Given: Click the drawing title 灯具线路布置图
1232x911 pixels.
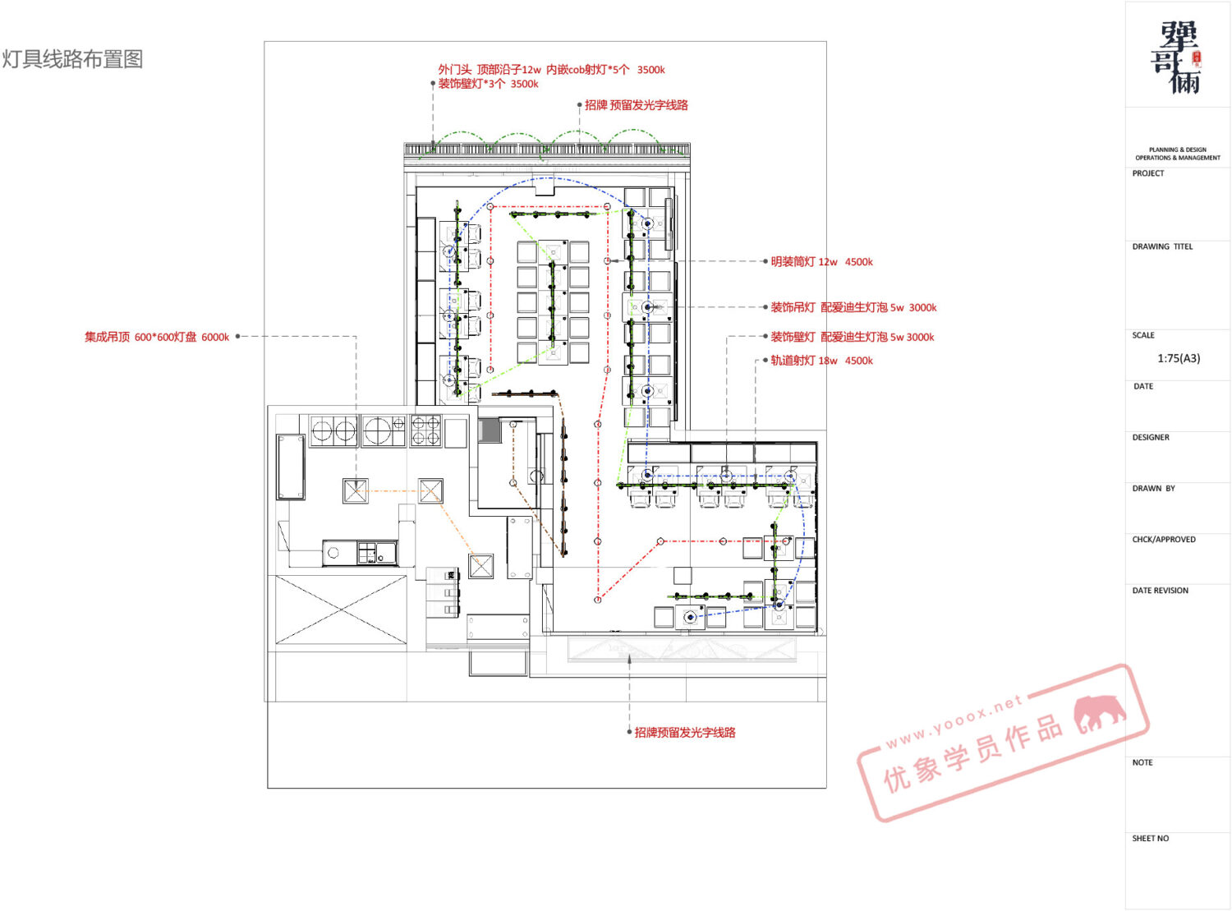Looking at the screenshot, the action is point(72,59).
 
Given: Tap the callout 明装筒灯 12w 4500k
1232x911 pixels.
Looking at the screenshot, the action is point(821,261).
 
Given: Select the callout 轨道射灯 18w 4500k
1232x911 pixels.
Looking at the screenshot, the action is point(821,361).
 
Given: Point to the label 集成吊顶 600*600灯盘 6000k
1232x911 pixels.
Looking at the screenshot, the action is point(157,337).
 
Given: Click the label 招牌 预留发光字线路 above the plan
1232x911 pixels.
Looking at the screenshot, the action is point(636,105).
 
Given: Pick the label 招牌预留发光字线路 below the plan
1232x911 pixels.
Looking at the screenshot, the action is point(685,732).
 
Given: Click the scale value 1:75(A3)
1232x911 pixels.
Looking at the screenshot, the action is point(1179,358).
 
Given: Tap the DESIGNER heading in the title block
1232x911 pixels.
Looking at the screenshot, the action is point(1151,437).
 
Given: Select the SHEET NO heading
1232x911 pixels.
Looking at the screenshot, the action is point(1151,838).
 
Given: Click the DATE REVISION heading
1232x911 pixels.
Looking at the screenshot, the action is point(1161,591).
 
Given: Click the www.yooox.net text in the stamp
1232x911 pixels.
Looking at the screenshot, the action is point(954,721).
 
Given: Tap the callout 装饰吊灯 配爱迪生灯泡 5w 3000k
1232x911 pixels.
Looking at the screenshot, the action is point(853,307).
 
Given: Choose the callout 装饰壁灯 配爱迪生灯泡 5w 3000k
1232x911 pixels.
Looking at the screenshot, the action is point(852,337).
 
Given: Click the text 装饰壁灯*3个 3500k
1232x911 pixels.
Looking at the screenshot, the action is point(488,84).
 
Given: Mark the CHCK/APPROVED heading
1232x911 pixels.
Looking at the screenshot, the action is point(1164,540).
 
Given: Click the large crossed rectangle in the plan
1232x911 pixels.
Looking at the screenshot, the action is point(341,610).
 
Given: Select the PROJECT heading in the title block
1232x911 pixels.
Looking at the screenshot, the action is point(1148,173).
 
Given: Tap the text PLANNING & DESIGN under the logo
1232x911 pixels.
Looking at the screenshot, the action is point(1178,150).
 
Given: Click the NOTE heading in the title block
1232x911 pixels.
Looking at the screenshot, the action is point(1142,762).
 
